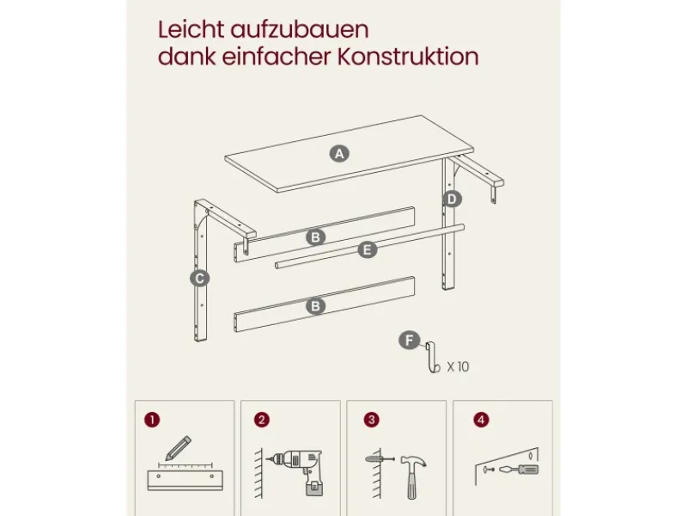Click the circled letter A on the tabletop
point(339,154)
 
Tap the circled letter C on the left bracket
point(200,278)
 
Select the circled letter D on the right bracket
point(452,200)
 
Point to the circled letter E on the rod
point(368,249)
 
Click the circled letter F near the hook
point(410,341)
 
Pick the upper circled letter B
point(315,237)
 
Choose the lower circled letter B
point(315,306)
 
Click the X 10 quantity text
point(458,367)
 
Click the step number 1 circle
point(152,420)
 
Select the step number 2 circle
point(262,420)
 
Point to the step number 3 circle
point(372,420)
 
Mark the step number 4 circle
point(481,420)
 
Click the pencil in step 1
point(179,447)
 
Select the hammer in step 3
point(413,476)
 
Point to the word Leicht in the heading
point(191,30)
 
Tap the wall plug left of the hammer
point(380,459)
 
